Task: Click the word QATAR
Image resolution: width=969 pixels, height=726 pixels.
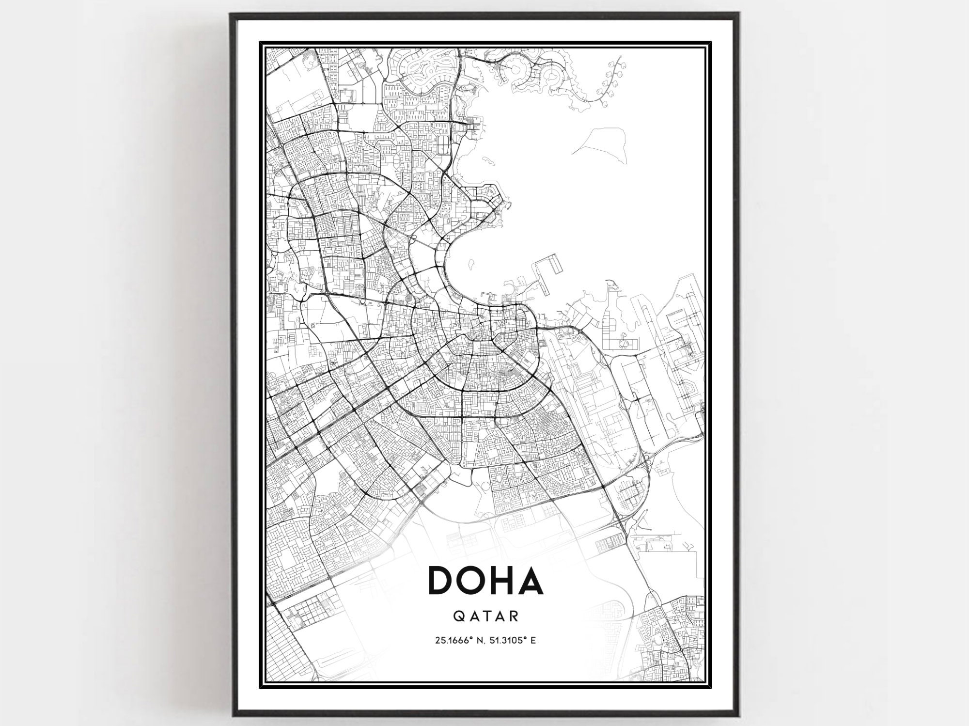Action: (486, 616)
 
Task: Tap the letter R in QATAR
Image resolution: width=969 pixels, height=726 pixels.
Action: (515, 616)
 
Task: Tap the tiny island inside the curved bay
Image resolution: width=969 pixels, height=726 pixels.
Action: (470, 266)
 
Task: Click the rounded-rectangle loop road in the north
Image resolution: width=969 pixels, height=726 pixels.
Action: (443, 143)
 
